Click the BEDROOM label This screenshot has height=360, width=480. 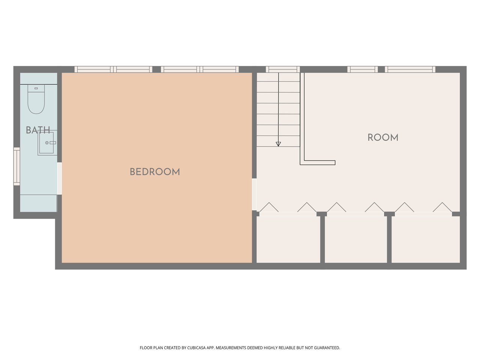155,172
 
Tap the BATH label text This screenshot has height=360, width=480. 38,130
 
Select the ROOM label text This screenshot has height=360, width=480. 383,138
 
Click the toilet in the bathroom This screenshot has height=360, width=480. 36,99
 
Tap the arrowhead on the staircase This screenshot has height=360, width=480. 278,144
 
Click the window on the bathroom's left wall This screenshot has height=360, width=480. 17,166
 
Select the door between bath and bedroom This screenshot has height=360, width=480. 60,178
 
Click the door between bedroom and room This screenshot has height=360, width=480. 254,195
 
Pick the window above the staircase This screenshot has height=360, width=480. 283,69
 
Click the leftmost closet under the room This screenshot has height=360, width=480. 288,239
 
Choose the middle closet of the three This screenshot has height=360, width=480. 356,239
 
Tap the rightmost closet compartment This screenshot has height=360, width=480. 426,239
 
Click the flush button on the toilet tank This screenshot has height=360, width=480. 36,88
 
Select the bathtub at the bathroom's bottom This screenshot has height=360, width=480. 39,203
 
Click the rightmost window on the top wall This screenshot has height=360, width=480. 410,69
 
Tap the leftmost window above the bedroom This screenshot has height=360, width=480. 113,69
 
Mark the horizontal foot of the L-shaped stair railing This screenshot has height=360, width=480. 318,163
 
